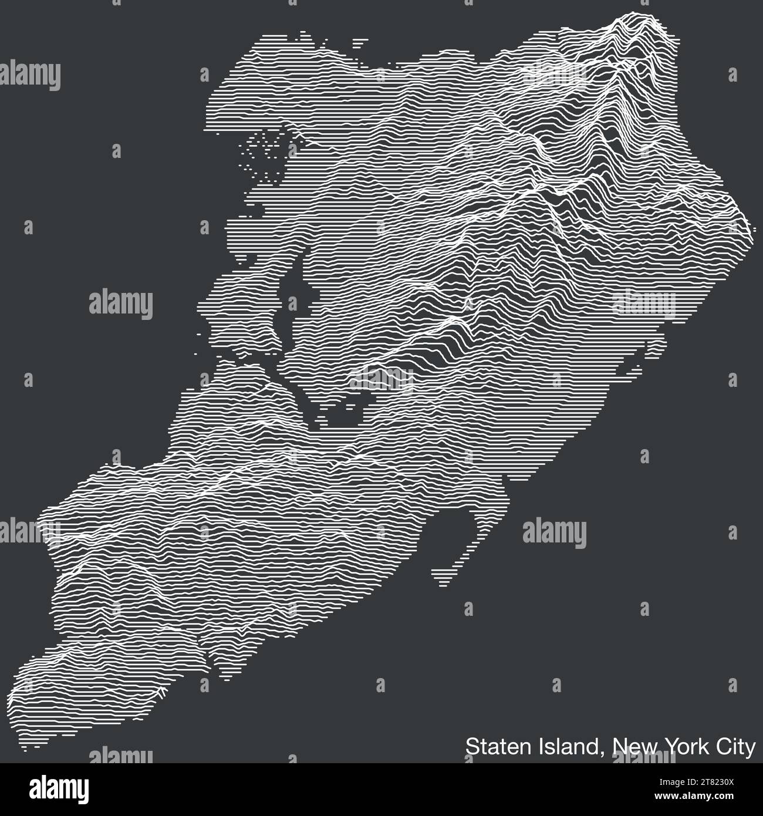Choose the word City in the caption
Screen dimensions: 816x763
coord(734,747)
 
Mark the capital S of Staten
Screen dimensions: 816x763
coord(471,747)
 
